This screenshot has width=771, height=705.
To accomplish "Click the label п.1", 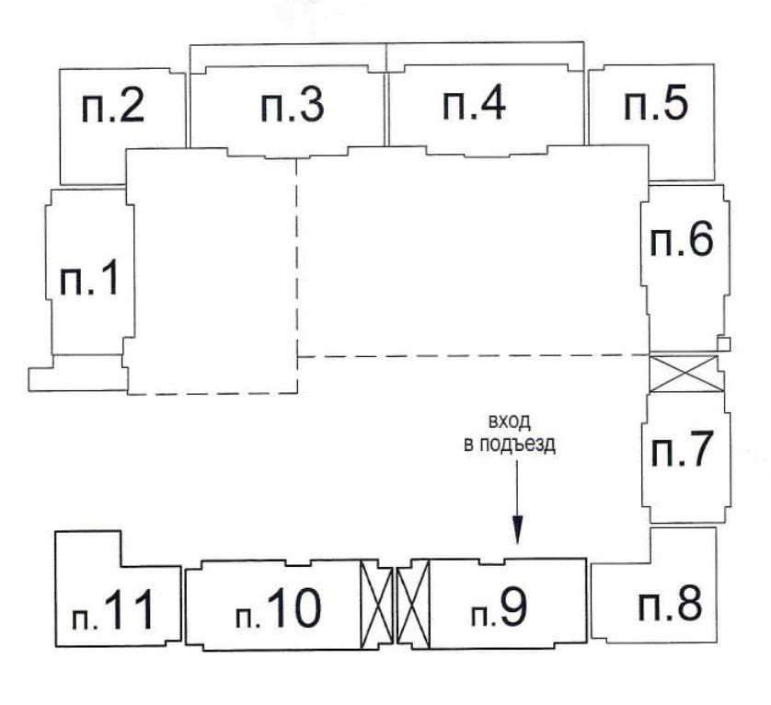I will click(x=89, y=278).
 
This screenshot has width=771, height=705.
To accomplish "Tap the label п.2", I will click(x=114, y=108).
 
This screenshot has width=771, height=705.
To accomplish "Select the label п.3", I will click(x=292, y=107).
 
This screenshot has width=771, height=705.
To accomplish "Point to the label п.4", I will click(x=474, y=103).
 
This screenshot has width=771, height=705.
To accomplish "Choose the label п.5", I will click(x=655, y=104).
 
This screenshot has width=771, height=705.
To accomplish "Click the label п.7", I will click(x=682, y=451).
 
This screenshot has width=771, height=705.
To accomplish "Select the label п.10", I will click(x=278, y=608).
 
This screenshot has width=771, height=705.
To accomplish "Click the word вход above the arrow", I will click(x=510, y=422).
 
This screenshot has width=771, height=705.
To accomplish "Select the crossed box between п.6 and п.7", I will click(x=683, y=374).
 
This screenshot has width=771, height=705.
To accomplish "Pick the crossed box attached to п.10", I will click(x=375, y=604).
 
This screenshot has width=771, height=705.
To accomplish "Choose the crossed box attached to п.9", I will click(x=414, y=604).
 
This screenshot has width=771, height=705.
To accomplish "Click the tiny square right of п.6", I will click(x=723, y=344).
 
